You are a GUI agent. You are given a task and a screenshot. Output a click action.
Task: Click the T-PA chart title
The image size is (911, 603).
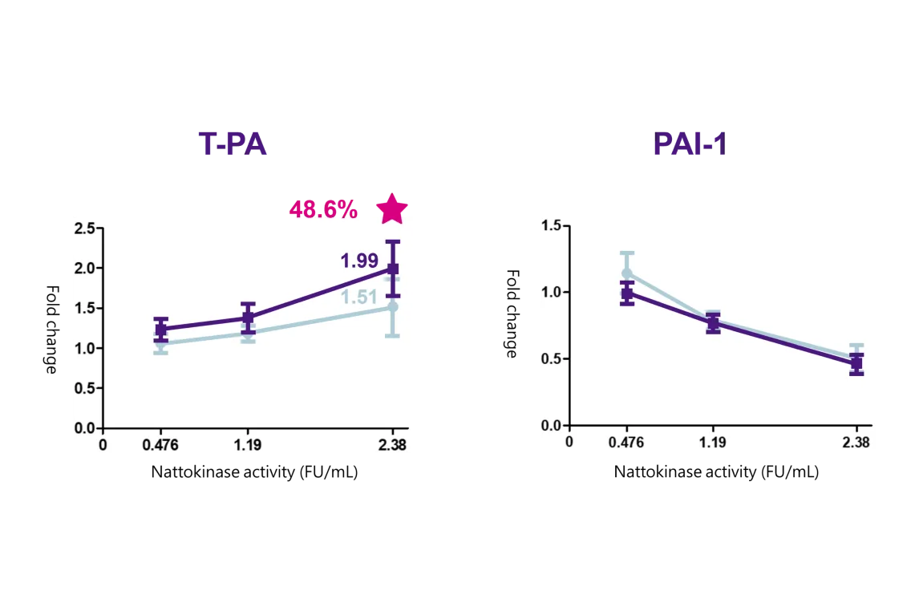click(x=233, y=145)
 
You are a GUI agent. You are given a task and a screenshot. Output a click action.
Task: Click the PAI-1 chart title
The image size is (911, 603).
click(x=690, y=145)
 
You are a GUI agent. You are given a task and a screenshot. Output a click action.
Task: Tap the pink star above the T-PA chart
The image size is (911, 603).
click(x=392, y=208)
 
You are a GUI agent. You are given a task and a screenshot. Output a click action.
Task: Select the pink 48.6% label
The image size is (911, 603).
click(x=323, y=209)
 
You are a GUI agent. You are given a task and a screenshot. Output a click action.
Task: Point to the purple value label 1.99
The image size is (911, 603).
click(x=359, y=261)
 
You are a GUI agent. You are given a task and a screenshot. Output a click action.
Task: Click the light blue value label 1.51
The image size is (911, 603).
click(x=358, y=298)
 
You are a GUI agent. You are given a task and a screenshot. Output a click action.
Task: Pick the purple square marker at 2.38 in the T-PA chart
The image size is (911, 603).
click(x=393, y=269)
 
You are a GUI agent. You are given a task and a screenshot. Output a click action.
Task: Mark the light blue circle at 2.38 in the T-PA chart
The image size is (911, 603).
click(x=393, y=307)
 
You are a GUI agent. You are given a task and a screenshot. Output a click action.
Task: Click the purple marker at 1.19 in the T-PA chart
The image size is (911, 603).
click(x=248, y=318)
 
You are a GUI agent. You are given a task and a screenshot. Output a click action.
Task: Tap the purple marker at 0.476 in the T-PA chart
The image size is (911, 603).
click(x=161, y=329)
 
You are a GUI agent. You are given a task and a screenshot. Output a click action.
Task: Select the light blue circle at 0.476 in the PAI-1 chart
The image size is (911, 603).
click(x=627, y=273)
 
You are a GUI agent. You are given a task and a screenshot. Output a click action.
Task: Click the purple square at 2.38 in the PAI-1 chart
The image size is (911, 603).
click(x=856, y=363)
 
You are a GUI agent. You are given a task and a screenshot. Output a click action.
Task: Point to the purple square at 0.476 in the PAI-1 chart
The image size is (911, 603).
click(x=627, y=293)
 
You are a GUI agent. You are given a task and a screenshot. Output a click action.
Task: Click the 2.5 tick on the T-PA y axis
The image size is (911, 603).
click(x=84, y=229)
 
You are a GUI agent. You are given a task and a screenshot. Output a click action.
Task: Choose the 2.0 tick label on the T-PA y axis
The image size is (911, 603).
click(x=84, y=269)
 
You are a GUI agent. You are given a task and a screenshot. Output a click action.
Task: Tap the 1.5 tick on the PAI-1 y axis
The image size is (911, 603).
click(x=550, y=226)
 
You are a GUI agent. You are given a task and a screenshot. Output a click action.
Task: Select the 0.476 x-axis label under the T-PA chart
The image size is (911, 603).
click(x=160, y=444)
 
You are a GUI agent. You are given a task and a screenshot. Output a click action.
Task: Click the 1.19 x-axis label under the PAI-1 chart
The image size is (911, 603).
click(x=713, y=442)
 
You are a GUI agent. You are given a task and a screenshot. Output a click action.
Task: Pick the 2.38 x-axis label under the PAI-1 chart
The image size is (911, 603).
click(x=856, y=442)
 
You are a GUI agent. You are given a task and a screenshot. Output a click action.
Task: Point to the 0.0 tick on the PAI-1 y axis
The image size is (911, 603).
click(x=550, y=426)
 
